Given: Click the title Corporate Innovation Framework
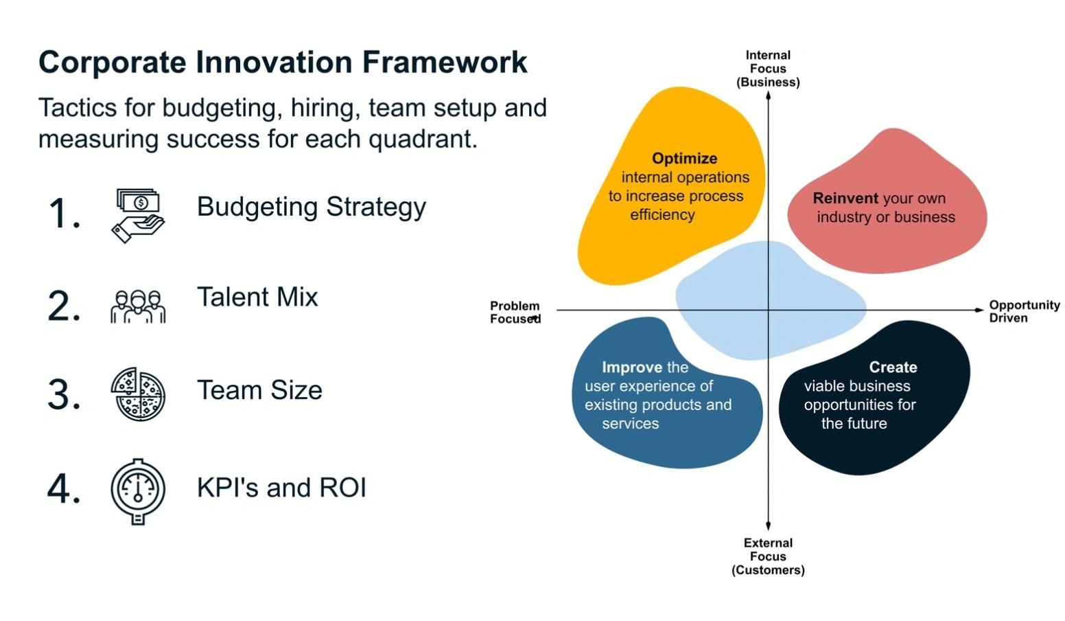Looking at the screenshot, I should [x=283, y=63].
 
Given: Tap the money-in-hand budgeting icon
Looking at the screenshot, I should [x=138, y=215].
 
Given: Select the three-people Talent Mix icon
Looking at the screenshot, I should [x=138, y=306].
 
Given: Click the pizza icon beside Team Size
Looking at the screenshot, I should [x=138, y=394].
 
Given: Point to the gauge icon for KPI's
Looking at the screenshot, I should [x=138, y=490].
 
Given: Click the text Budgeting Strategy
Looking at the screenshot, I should [x=312, y=207].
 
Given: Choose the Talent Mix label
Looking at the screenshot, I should [x=257, y=297].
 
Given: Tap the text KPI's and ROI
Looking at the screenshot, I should [x=281, y=488].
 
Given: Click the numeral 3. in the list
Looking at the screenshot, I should [x=64, y=396].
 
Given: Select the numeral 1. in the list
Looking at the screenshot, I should [x=64, y=214].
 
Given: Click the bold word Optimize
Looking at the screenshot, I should [x=684, y=159].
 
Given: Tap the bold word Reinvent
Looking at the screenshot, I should [x=845, y=199].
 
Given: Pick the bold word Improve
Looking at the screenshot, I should [x=632, y=368].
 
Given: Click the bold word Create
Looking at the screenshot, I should [x=893, y=368].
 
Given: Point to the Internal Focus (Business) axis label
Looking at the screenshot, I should [x=768, y=69].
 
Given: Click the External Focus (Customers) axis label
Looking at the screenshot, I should [x=768, y=556].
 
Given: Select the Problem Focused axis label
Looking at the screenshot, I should [x=515, y=312].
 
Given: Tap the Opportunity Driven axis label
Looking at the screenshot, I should [x=1024, y=311].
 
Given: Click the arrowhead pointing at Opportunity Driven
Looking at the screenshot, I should [x=979, y=310].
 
